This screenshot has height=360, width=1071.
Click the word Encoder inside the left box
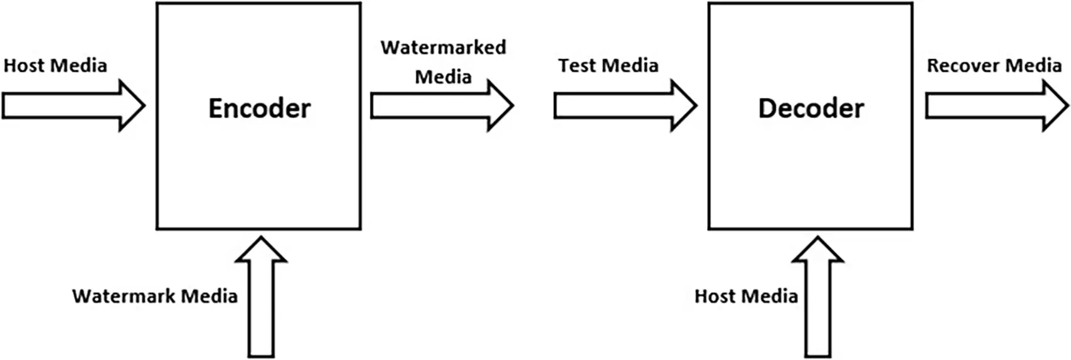coord(259,109)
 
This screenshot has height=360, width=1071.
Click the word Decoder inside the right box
coord(811,109)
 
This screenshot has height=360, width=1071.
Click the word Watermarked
coord(443,48)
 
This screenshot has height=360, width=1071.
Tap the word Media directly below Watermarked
coord(443,77)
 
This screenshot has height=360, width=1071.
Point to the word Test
coord(577,66)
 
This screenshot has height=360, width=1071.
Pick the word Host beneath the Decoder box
coord(715,296)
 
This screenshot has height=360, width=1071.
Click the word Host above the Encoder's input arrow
coord(24,66)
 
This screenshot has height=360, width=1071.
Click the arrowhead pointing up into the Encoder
coord(261,250)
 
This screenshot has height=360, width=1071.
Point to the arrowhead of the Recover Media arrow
coord(1055,105)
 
